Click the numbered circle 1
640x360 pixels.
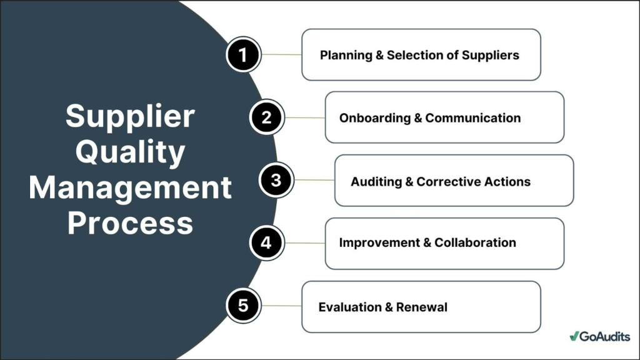click(x=243, y=55)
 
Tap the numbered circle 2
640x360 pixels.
click(x=266, y=117)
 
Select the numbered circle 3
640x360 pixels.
click(x=276, y=181)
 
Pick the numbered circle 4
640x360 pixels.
click(x=266, y=243)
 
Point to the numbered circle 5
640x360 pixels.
click(x=243, y=306)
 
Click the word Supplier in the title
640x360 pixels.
click(x=130, y=116)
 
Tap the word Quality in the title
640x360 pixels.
click(x=130, y=152)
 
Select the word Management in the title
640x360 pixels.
click(x=130, y=187)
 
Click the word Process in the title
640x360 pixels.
click(x=130, y=223)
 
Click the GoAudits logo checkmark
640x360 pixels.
click(x=574, y=336)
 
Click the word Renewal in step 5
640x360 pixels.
click(x=422, y=307)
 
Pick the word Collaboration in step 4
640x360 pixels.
click(x=475, y=242)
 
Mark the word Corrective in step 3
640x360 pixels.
click(x=448, y=182)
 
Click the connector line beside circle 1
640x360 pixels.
click(x=281, y=55)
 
